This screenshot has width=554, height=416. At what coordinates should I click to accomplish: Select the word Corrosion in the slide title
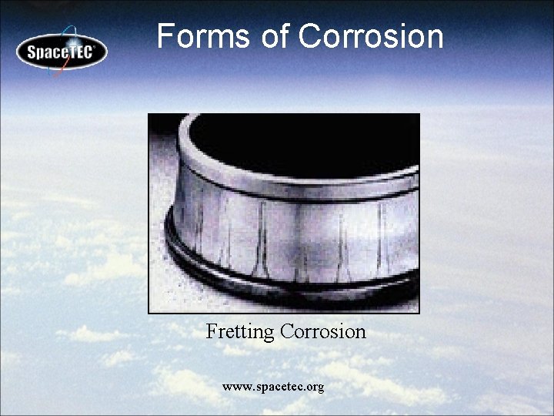(x=371, y=36)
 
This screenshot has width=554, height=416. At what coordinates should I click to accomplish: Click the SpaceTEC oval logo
(x=62, y=52)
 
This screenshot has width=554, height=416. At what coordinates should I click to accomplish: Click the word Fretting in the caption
(x=240, y=332)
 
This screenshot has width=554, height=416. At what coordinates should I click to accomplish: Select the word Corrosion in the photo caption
(x=323, y=332)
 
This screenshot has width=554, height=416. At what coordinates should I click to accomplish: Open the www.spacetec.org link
(x=272, y=386)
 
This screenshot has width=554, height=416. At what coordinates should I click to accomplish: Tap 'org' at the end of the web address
(x=314, y=387)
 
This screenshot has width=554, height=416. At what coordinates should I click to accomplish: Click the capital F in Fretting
(x=212, y=332)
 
